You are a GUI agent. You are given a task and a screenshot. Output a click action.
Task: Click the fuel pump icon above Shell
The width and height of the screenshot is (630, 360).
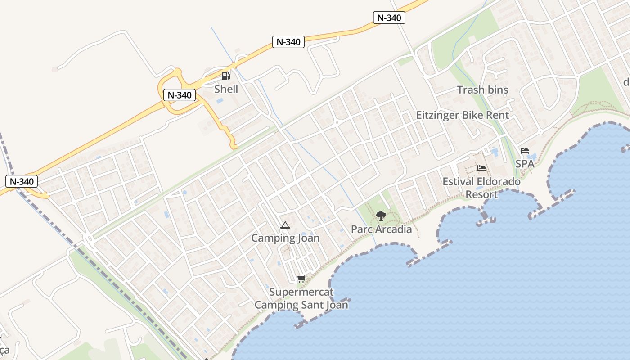pos(226,76)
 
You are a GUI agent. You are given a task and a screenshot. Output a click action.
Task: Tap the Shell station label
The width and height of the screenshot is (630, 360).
pos(226,89)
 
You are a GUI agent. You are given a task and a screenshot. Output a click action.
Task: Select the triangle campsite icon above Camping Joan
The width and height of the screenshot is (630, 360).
pos(285,225)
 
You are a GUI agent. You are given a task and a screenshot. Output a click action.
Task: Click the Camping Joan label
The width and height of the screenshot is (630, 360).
pos(285,238)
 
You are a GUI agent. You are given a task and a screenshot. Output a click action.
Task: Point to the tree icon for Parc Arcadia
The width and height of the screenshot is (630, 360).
pos(381,216)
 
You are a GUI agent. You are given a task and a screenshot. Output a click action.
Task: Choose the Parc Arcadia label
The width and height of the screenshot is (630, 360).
pos(381,229)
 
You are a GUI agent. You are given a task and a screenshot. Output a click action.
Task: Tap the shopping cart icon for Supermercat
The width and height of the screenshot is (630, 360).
pos(301,279)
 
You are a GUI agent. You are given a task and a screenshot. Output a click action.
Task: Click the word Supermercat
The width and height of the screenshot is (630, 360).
pos(301,292)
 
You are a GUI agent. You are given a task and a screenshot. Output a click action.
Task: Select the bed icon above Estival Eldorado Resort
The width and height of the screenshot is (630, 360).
pos(481,169)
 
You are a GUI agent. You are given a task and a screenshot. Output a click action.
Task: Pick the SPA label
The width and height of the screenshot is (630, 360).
pos(525,164)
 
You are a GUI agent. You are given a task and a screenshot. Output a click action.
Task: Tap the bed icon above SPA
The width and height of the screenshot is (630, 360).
pos(525,151)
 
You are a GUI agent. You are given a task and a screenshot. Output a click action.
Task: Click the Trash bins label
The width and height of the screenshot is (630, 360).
pos(482,90)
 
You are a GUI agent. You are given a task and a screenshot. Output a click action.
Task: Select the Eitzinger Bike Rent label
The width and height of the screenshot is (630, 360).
pos(463,115)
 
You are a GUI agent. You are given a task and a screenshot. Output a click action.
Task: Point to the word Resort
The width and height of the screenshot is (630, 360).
pos(481,194)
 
